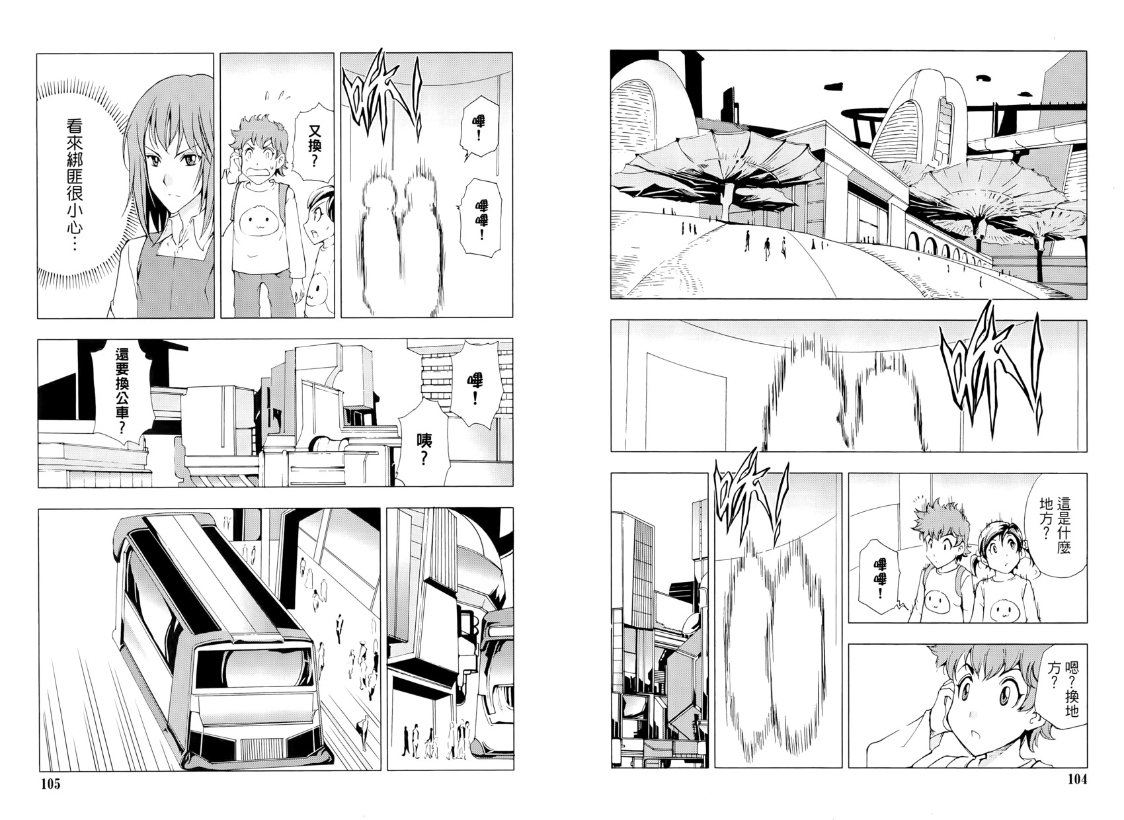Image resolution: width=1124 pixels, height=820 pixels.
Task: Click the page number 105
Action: pos(50,784)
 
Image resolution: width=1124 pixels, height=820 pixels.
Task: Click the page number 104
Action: pos(1077,779)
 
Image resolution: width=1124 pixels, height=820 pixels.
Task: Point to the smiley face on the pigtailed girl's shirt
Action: pos(1004,610)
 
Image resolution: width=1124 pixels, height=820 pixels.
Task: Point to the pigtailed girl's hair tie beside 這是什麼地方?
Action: pos(1026,544)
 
